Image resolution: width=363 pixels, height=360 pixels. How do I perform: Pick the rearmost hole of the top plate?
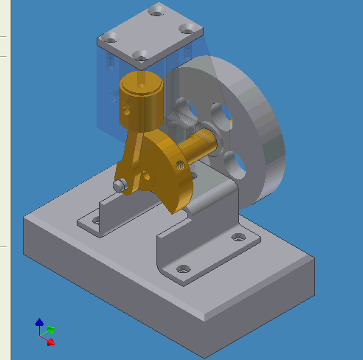pos(156,10)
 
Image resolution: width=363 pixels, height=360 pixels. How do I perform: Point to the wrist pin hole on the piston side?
pos(126,108)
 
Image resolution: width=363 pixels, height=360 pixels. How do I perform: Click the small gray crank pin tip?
pos(119,185)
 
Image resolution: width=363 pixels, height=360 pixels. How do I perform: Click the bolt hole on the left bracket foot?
pos(93,220)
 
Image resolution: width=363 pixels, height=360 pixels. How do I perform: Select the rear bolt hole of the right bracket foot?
pos(237,238)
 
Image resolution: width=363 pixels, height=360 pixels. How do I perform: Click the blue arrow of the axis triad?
pos(39,323)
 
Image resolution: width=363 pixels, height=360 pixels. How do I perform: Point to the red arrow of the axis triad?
pos(50,342)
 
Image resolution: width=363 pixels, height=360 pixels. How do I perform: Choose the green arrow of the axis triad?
pos(50,330)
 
